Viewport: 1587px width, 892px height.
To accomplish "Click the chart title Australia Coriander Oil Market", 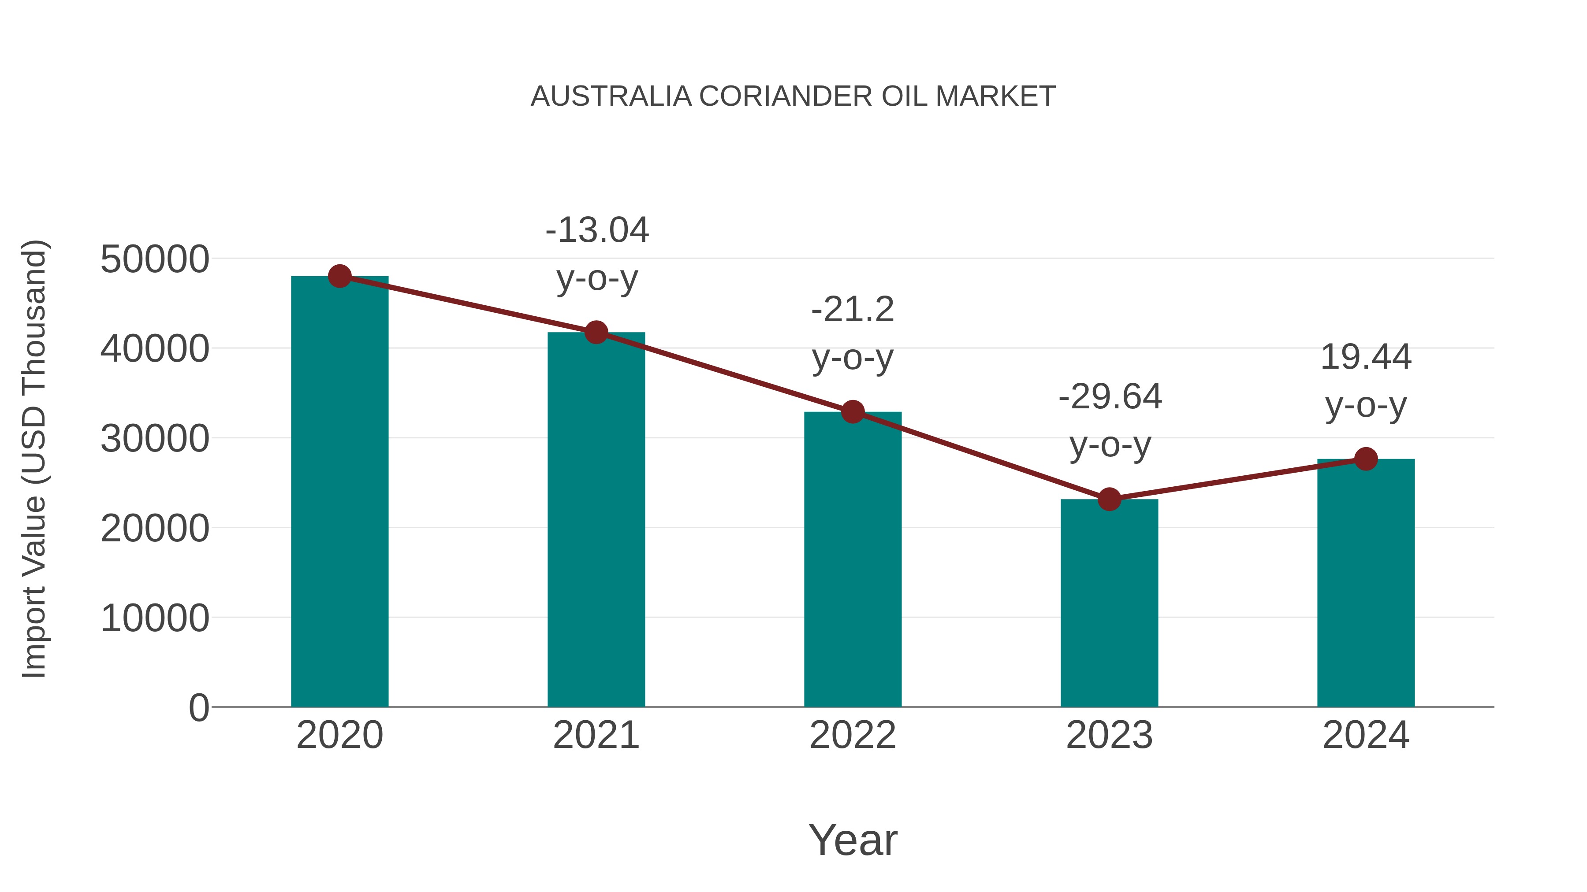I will [793, 96].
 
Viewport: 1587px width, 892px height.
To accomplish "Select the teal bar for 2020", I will [339, 492].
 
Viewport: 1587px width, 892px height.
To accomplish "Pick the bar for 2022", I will [853, 560].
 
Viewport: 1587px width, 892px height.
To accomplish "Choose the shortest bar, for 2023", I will [1109, 603].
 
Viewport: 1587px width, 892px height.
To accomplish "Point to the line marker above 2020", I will [339, 276].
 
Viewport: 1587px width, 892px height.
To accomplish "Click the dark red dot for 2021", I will [596, 333].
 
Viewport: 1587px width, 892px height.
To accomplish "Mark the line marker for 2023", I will [1109, 499].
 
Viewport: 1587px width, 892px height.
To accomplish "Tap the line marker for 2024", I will [1366, 459].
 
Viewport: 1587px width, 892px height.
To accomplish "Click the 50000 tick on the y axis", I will [155, 259].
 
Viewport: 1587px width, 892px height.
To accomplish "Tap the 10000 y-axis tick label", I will [155, 618].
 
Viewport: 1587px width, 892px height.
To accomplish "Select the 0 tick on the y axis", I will [199, 708].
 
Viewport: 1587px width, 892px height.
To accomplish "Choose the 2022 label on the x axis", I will [853, 735].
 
